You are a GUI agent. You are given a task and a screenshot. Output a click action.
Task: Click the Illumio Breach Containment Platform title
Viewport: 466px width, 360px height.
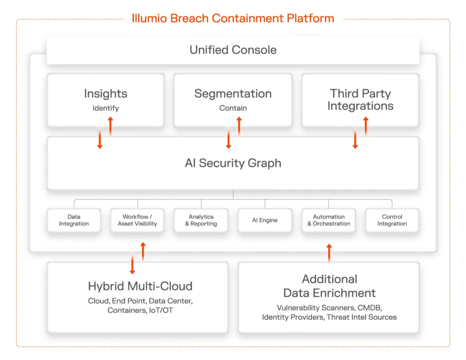tap(232, 19)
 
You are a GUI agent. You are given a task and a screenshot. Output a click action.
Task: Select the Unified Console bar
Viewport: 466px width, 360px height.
tap(232, 50)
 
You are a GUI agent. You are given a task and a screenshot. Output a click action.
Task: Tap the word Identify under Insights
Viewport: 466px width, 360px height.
tap(105, 108)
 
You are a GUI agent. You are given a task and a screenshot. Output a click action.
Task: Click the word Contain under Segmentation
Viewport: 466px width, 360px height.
tap(233, 108)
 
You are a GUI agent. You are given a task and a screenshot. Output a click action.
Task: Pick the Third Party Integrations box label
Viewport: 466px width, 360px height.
tap(360, 99)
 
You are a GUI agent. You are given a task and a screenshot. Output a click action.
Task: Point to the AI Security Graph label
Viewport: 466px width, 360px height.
tap(233, 163)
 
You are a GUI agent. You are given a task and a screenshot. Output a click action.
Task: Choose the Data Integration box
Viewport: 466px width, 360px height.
tap(74, 220)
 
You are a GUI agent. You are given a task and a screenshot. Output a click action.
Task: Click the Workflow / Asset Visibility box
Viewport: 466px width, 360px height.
tap(137, 220)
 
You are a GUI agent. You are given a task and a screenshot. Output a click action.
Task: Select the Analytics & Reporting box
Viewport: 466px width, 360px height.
tap(201, 220)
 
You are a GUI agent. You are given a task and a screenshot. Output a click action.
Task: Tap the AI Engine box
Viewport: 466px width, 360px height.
tap(265, 220)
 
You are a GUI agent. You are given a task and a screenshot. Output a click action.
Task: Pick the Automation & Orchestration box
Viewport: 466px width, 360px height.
tap(328, 220)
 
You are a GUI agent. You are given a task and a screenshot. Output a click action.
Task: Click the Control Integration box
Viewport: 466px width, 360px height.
tap(392, 220)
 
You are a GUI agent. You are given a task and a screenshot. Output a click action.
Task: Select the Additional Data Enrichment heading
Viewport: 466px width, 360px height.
tap(329, 286)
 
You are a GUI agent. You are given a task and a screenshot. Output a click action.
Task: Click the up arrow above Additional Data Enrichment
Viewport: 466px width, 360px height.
tap(329, 253)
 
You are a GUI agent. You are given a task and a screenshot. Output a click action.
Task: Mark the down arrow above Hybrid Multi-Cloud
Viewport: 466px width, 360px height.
tap(132, 264)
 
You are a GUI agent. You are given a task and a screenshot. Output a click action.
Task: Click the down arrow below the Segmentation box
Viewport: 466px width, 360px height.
tap(228, 140)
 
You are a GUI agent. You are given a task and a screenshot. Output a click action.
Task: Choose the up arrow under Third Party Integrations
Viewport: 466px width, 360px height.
tap(365, 126)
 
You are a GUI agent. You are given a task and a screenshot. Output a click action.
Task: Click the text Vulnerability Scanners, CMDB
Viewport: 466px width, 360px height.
tap(329, 308)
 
